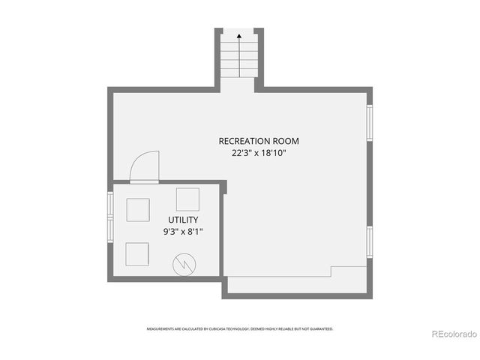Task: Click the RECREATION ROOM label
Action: pyautogui.click(x=253, y=140)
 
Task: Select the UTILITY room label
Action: pyautogui.click(x=183, y=220)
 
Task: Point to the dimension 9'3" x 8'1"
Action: pyautogui.click(x=184, y=232)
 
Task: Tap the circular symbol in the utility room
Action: pyautogui.click(x=183, y=263)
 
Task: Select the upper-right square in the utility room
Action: pyautogui.click(x=187, y=199)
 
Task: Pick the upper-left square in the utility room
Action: pyautogui.click(x=138, y=209)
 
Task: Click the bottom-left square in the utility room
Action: pyautogui.click(x=136, y=254)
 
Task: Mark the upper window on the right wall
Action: pyautogui.click(x=369, y=121)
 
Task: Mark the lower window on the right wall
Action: pyautogui.click(x=369, y=241)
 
